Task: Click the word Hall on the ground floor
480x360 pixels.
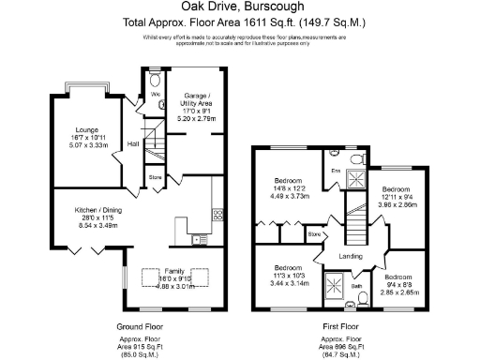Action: click(x=133, y=143)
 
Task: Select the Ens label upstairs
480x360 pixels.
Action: click(x=334, y=170)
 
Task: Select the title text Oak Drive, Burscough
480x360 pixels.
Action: click(x=239, y=8)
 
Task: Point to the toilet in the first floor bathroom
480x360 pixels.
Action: click(x=362, y=300)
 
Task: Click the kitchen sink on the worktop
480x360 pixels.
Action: click(x=198, y=240)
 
